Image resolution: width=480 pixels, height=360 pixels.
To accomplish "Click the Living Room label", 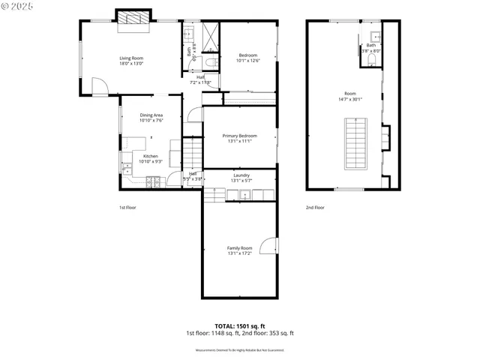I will click(131, 58).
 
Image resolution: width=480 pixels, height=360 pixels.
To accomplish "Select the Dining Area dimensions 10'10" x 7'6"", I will click(151, 120).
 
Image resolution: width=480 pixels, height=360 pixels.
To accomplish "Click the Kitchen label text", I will click(151, 156).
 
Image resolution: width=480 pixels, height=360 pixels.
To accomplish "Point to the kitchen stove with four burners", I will click(154, 180).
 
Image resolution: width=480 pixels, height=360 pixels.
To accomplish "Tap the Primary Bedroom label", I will click(239, 135).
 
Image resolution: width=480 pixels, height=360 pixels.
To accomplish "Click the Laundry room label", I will click(241, 175).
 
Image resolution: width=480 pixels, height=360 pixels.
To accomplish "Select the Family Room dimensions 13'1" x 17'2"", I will click(240, 253).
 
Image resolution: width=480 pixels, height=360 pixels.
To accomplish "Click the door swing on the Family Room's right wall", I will click(274, 247).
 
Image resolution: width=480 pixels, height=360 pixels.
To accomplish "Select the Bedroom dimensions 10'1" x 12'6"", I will click(248, 61).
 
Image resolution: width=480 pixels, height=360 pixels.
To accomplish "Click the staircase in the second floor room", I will click(355, 144).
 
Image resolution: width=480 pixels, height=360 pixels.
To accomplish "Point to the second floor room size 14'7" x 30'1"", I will click(349, 99).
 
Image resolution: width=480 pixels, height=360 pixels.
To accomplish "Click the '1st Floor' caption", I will click(127, 207).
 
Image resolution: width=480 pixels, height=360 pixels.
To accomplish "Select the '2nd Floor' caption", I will click(314, 207).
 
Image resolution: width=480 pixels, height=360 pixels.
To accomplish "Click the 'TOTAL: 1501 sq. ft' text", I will click(239, 326).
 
